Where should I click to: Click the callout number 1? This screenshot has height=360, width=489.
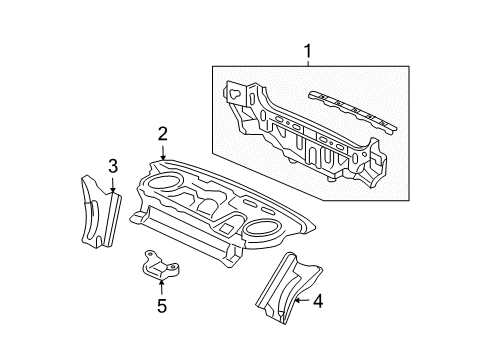coord(308,49)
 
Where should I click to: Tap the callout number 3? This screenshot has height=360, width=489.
coord(112,165)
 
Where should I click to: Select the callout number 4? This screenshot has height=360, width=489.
coord(318,300)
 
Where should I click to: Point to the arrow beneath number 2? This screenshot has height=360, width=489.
coord(162,151)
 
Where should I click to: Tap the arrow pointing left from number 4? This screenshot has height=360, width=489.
coord(301,300)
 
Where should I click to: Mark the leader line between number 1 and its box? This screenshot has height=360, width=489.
coord(308,61)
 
